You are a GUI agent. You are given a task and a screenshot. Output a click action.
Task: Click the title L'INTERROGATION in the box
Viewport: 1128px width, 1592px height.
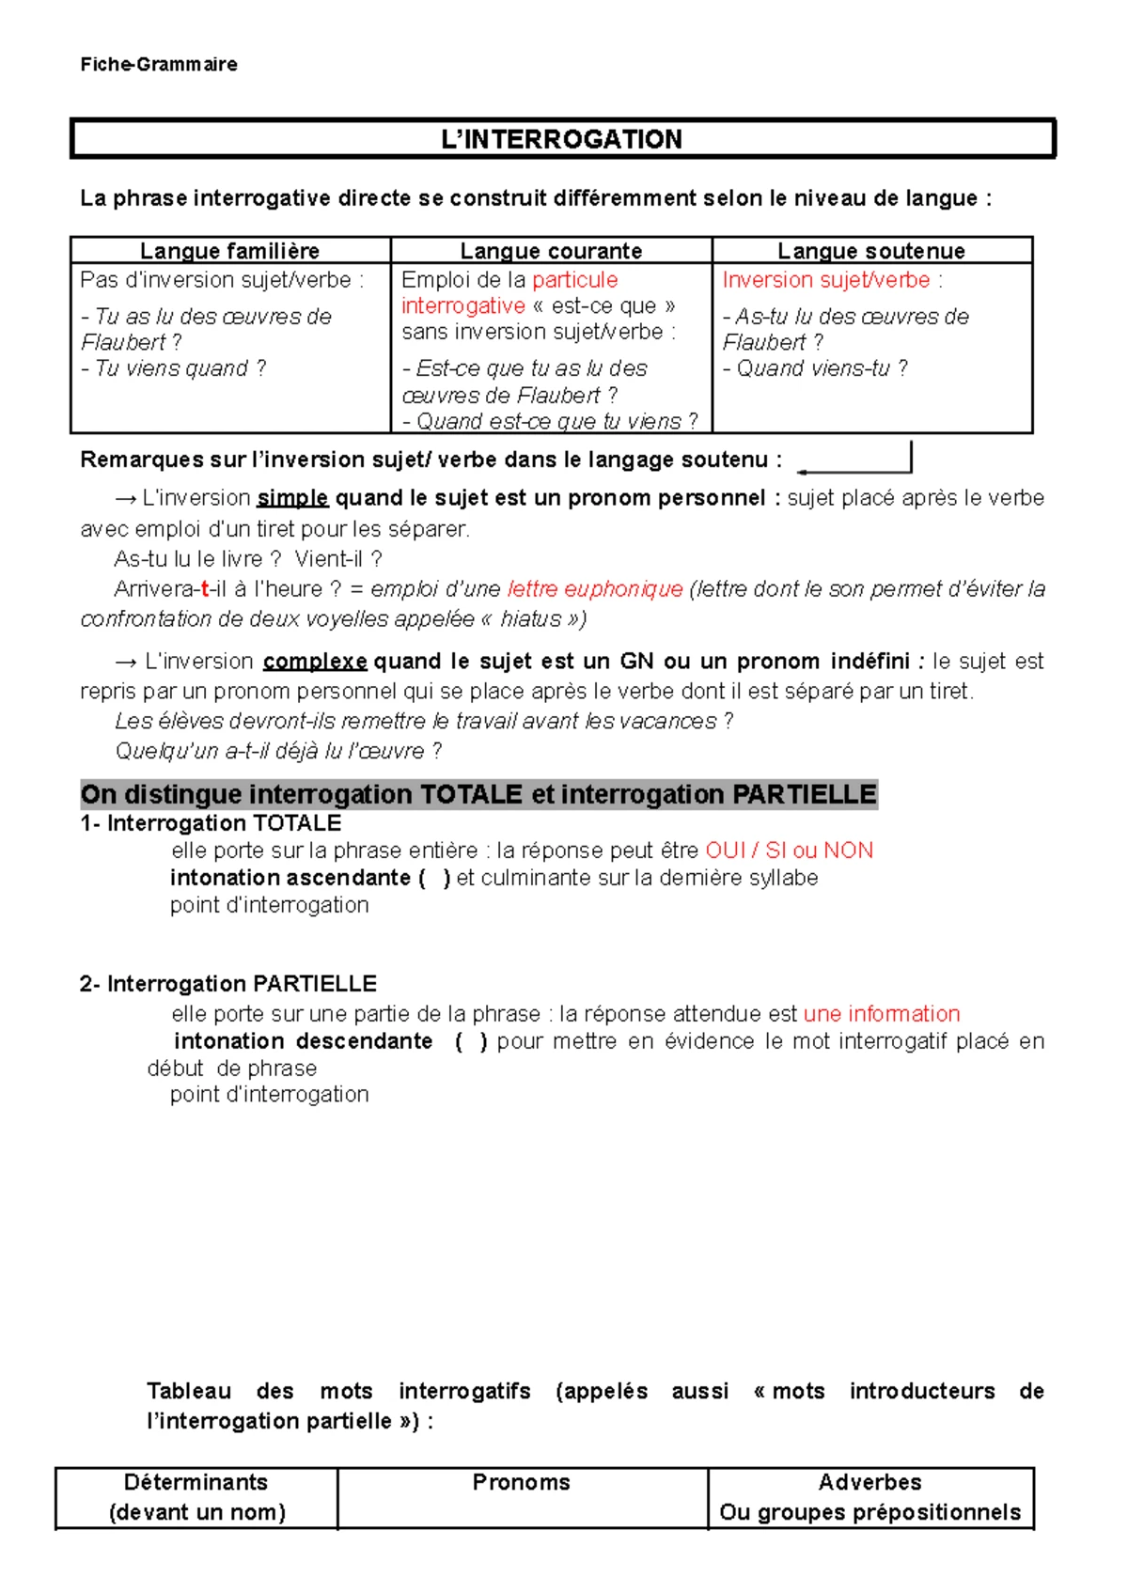click(562, 139)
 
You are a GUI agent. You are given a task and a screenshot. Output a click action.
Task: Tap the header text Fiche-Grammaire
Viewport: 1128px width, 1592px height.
click(159, 64)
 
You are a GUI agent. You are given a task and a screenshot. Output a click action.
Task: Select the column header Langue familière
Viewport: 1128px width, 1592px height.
click(229, 251)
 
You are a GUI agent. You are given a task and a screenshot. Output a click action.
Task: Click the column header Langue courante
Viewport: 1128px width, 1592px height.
click(551, 251)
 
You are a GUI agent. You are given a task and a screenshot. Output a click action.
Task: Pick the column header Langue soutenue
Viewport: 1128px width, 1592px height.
click(871, 251)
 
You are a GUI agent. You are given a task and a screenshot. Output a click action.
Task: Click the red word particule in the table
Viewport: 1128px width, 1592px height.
click(574, 280)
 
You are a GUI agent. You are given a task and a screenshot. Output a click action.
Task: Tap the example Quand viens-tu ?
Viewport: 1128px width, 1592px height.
click(816, 368)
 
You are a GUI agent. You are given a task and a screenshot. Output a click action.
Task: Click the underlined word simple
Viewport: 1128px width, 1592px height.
click(292, 498)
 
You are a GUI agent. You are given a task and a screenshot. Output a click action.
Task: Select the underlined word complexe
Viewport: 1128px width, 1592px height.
click(315, 662)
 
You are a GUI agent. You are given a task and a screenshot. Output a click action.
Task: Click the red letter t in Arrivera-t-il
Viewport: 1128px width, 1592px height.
click(205, 589)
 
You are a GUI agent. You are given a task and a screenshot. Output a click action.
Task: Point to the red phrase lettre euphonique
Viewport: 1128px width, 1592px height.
click(595, 589)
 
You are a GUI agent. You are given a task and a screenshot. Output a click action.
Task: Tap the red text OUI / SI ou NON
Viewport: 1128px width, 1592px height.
click(789, 851)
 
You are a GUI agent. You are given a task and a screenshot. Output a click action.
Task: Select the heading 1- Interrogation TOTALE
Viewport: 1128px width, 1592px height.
click(211, 823)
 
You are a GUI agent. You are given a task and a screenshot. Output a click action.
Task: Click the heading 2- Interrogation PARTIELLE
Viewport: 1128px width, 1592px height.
click(228, 984)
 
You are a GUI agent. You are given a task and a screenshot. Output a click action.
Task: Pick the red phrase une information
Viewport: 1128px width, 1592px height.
click(882, 1014)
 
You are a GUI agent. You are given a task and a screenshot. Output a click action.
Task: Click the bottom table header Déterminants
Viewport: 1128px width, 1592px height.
click(196, 1482)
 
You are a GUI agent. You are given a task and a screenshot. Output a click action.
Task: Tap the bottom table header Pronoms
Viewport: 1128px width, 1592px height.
click(521, 1482)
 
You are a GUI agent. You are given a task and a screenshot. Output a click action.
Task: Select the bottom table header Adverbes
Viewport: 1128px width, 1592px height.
click(869, 1482)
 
